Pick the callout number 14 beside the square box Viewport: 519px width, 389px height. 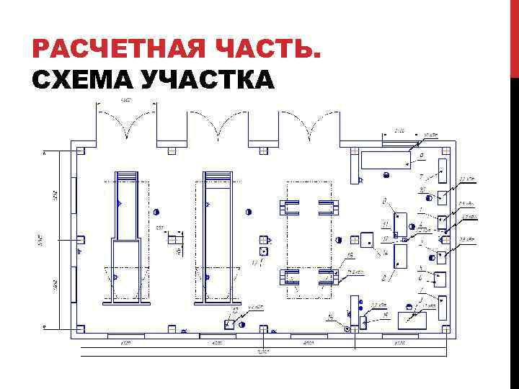tap(385, 253)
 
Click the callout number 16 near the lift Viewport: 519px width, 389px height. tap(350, 255)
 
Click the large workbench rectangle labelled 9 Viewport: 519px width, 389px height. tap(385, 159)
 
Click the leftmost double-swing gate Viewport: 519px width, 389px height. tap(127, 122)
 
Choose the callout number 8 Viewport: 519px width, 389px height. tap(384, 200)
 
